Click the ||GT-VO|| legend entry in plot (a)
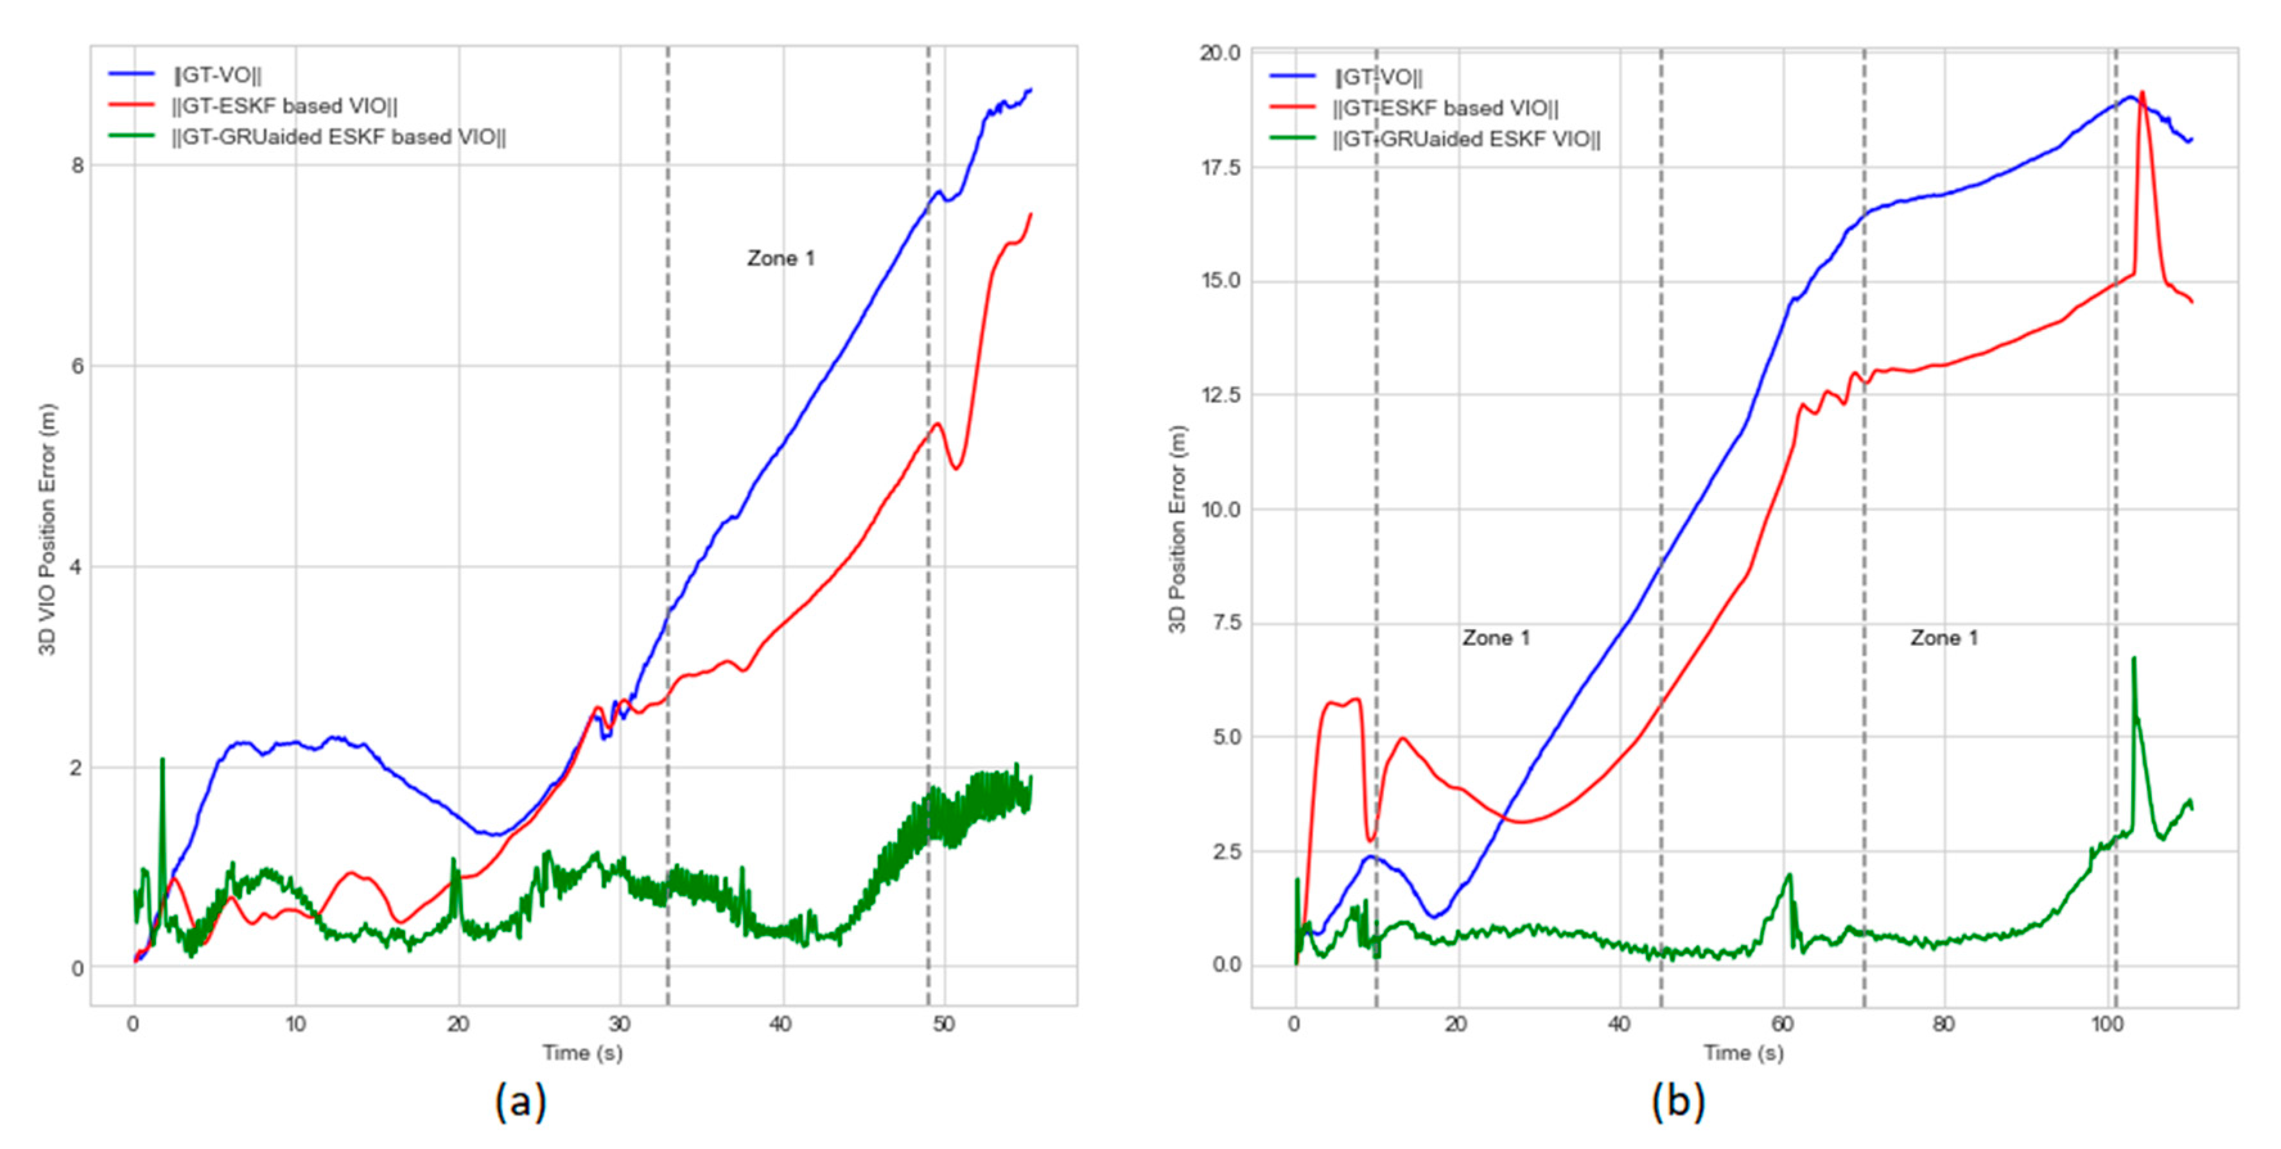[x=217, y=75]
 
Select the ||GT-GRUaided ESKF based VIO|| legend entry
[x=338, y=137]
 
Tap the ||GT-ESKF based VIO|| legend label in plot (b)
[x=1445, y=108]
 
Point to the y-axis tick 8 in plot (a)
[x=78, y=166]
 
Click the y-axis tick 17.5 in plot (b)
[x=1220, y=168]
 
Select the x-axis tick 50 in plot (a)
[x=944, y=1024]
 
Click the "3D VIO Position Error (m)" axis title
[x=48, y=530]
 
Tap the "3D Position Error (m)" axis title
[x=1177, y=530]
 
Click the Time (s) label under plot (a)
[x=582, y=1053]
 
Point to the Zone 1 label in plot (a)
[x=780, y=259]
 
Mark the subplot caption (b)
[x=1677, y=1102]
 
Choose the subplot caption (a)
[x=521, y=1102]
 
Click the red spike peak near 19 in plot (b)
[x=2142, y=92]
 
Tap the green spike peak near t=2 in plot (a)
[x=162, y=759]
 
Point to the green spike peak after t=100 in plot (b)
[x=2133, y=659]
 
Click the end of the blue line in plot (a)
[x=1030, y=89]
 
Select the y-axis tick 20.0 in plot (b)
[x=1220, y=53]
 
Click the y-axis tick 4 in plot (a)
[x=78, y=567]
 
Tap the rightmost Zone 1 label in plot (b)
[x=1944, y=638]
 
